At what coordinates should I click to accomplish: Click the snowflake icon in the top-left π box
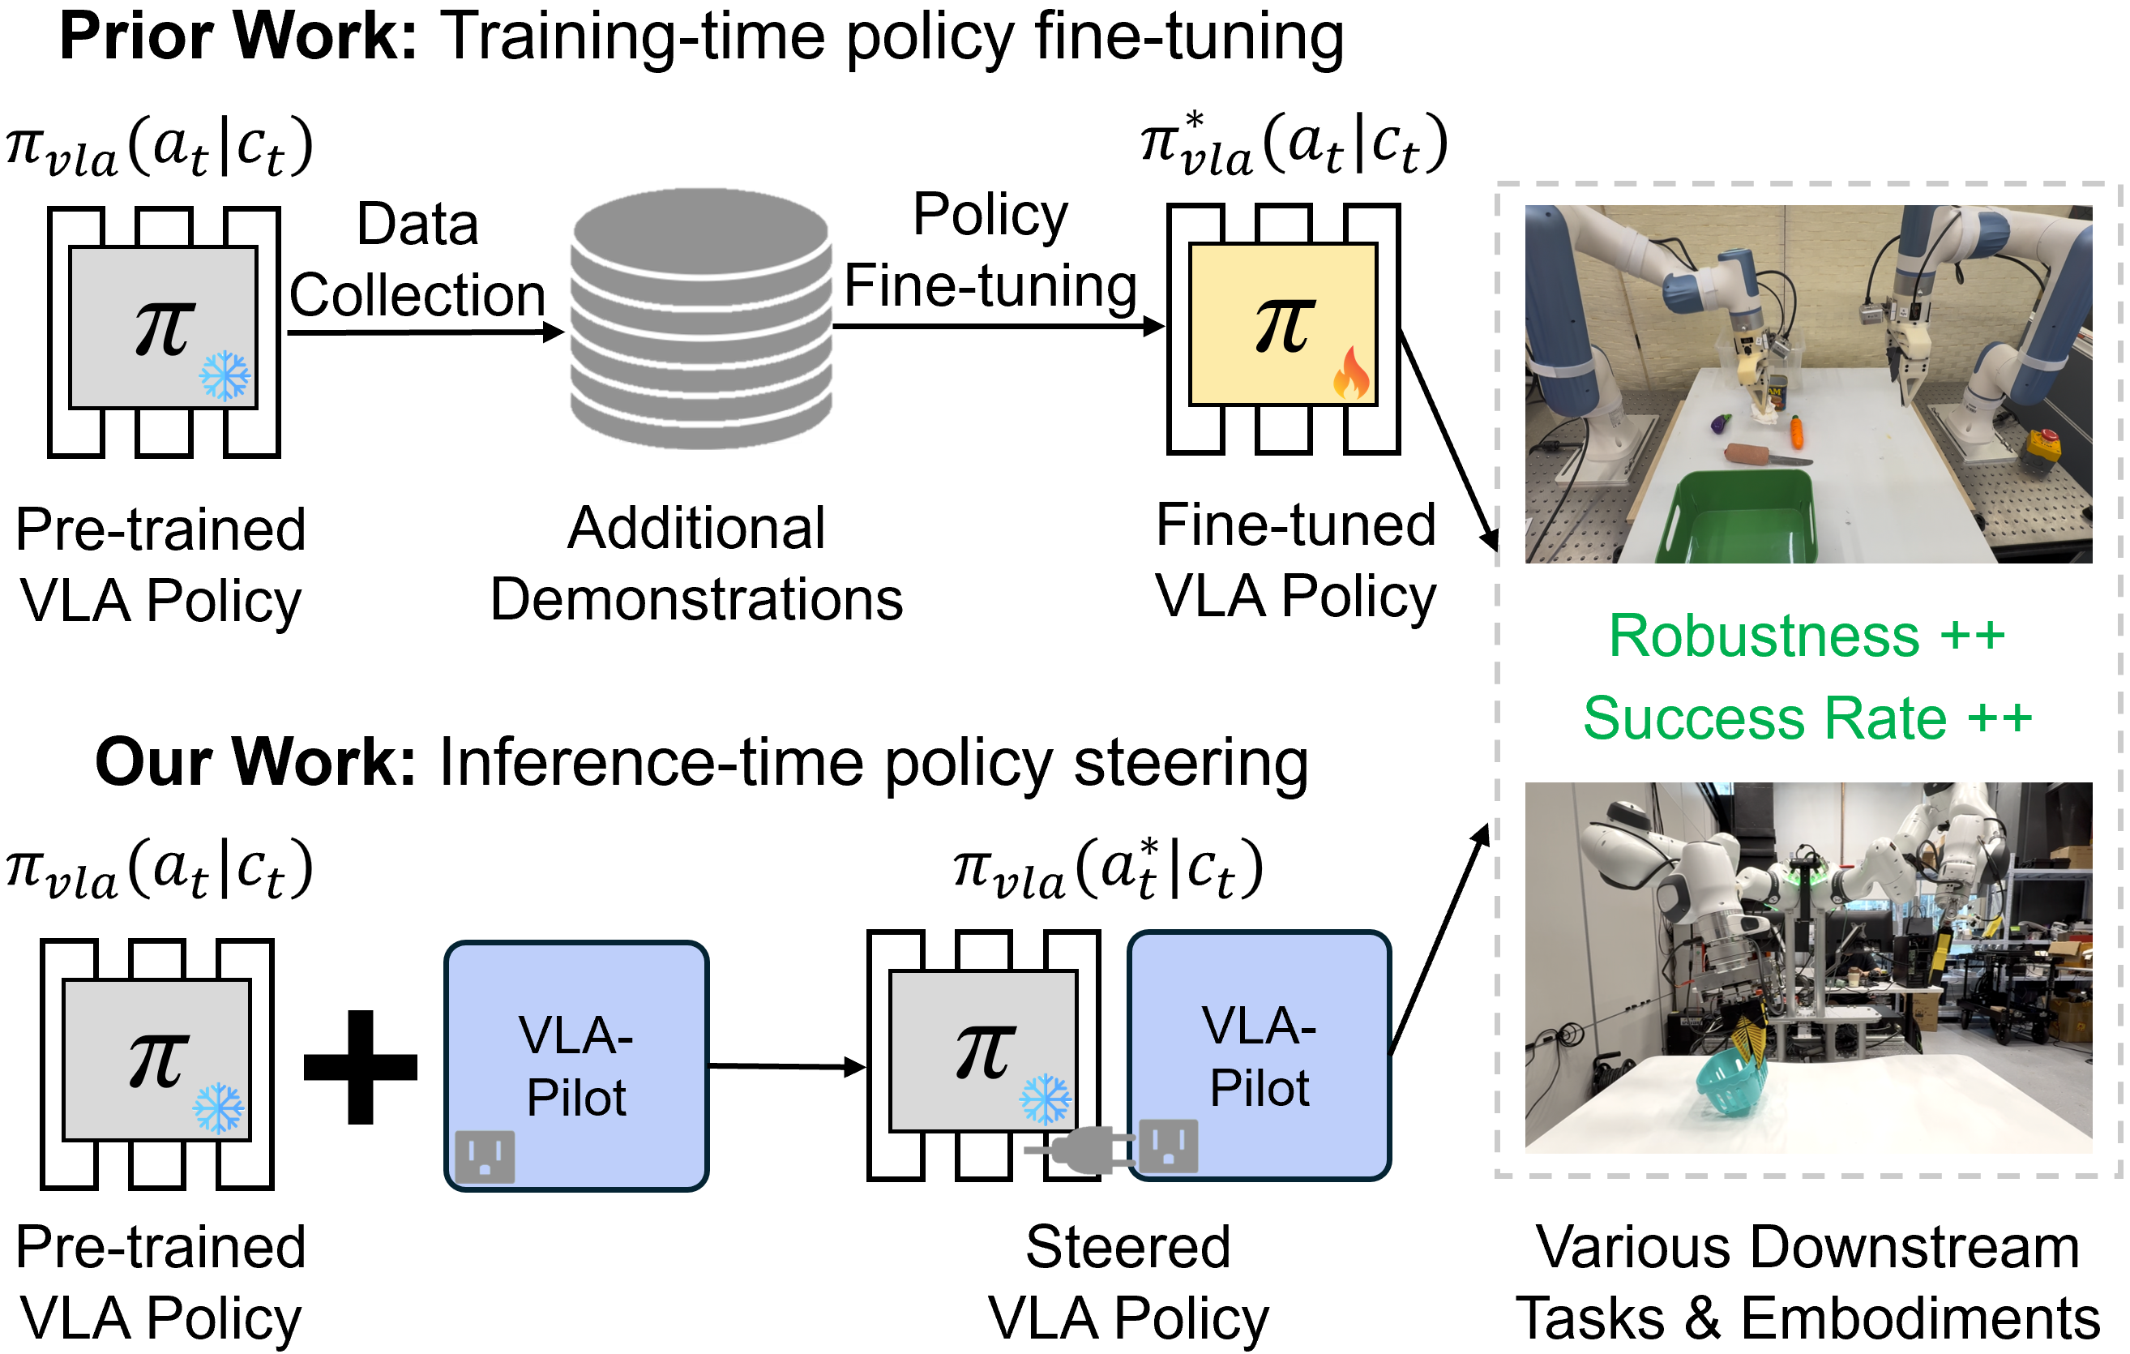(x=225, y=376)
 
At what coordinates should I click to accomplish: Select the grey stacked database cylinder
(x=700, y=318)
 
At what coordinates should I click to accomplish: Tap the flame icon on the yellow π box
(x=1352, y=374)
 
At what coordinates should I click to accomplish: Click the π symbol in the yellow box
(x=1285, y=326)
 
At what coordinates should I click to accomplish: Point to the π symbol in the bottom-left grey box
(x=157, y=1060)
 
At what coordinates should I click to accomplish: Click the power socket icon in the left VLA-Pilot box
(x=485, y=1157)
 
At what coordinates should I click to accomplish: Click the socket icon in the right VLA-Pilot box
(x=1169, y=1146)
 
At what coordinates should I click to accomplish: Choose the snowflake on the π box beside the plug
(x=1045, y=1099)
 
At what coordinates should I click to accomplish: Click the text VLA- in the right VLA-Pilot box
(x=1259, y=1026)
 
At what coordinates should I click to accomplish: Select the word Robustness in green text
(x=1764, y=636)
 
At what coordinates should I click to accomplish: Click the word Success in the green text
(x=1693, y=718)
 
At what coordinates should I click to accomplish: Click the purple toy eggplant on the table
(x=1721, y=424)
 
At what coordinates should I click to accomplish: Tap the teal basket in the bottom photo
(x=1729, y=1083)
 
